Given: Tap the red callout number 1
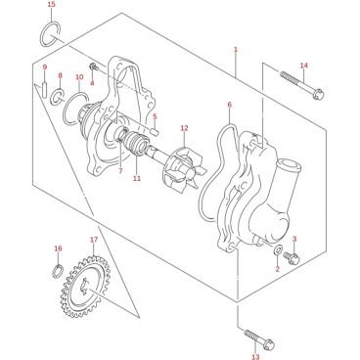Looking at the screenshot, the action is tap(236, 50).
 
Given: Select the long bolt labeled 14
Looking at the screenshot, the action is tap(302, 85).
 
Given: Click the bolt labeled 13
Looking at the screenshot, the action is tap(259, 339).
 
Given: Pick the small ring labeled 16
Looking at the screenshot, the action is tap(58, 271).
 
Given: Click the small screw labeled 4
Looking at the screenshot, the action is tap(94, 67).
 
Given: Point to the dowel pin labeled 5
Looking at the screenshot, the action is tap(156, 132).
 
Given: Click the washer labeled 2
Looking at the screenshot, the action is tap(278, 250).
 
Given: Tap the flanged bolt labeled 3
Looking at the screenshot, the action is tap(292, 258).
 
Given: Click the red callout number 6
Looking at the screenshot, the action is tap(229, 105).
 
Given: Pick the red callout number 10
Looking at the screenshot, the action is tap(79, 77).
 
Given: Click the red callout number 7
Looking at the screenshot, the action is tap(120, 170).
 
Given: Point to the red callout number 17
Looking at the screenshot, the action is tap(94, 240).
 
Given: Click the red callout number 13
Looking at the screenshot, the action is tap(255, 355).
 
